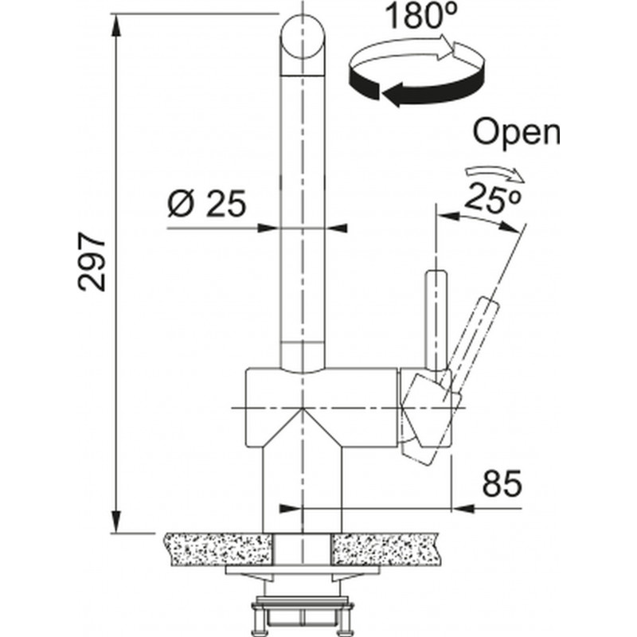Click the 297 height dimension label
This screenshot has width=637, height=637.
(92, 262)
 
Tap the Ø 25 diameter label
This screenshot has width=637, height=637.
(207, 203)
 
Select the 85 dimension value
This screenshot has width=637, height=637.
(502, 484)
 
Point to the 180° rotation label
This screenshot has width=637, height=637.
(421, 16)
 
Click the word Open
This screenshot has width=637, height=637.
(516, 132)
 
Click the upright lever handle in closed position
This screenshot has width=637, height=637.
(436, 321)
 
